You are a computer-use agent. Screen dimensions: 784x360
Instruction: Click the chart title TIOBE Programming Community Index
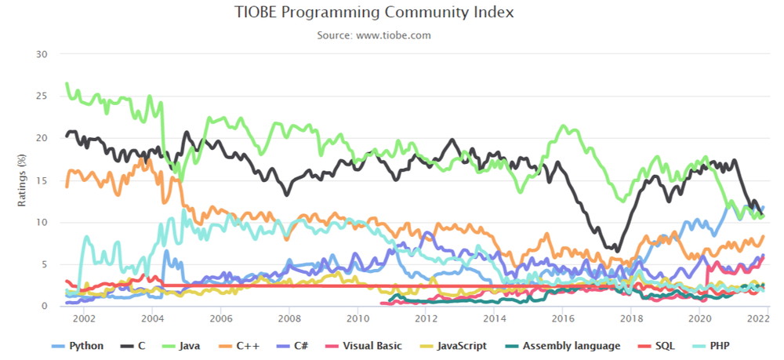tap(373, 13)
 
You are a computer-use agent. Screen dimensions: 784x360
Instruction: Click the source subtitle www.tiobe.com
tap(393, 35)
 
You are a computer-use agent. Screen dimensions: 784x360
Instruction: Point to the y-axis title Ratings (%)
tap(21, 180)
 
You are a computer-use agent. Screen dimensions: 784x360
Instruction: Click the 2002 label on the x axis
tap(83, 318)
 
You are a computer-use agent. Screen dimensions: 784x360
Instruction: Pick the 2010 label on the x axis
tap(357, 318)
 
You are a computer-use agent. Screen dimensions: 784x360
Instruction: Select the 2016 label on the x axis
tap(562, 318)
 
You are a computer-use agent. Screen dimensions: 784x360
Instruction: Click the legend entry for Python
tap(78, 346)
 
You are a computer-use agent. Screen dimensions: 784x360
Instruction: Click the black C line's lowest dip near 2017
tap(618, 250)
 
